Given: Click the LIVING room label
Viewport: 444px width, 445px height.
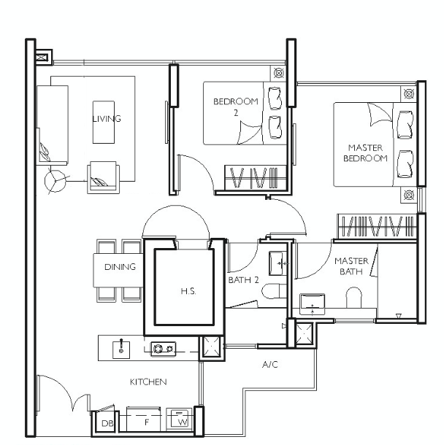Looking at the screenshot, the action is (x=107, y=119).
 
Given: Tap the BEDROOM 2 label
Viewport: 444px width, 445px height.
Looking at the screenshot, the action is (x=236, y=107).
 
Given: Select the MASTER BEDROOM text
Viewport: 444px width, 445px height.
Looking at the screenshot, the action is (x=365, y=153).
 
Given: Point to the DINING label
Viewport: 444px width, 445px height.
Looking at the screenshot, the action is (x=120, y=267).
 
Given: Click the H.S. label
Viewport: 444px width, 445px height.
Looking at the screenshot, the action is (x=188, y=291).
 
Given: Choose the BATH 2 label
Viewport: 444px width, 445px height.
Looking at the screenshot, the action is (x=244, y=280).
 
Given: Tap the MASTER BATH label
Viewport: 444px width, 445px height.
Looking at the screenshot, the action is (x=351, y=266).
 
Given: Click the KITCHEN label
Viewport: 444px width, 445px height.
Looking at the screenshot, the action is (x=148, y=382).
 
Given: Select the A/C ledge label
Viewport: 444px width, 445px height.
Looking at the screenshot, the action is (x=270, y=365).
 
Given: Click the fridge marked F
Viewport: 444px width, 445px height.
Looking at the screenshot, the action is (x=143, y=420).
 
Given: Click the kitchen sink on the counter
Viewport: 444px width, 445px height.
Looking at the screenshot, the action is (x=121, y=349).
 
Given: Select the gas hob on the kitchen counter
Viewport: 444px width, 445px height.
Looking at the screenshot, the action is (x=163, y=349).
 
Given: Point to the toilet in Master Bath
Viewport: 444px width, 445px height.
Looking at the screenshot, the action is (x=354, y=298).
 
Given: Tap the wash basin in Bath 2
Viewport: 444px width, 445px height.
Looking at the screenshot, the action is (x=277, y=263).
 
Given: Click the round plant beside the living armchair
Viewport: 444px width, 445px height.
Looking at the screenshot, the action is (x=55, y=180).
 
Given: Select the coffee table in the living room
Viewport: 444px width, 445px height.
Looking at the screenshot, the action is (x=104, y=122).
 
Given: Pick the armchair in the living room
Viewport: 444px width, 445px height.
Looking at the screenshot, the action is (x=104, y=178).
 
